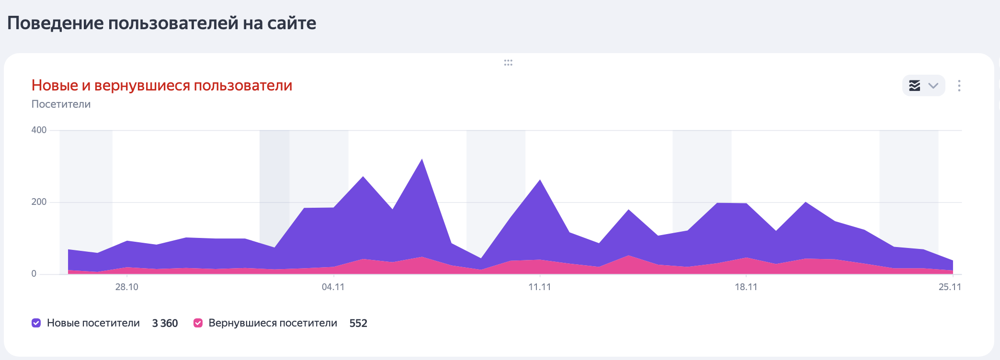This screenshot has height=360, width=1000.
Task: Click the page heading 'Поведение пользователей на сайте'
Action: [161, 23]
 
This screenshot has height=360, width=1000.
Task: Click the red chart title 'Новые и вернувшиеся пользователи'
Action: [162, 85]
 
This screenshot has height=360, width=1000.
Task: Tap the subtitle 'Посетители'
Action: [61, 104]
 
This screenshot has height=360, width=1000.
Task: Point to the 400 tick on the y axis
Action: [39, 130]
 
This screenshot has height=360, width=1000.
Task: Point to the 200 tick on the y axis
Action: [39, 202]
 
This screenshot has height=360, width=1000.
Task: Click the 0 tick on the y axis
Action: [34, 273]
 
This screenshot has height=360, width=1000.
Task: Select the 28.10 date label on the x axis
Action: [126, 287]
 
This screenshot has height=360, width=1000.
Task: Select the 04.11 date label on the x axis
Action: [333, 287]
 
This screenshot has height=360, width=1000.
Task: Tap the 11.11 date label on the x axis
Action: [539, 287]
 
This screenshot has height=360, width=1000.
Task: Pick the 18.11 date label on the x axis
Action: [746, 287]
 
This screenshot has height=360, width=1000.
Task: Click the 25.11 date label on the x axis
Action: [950, 287]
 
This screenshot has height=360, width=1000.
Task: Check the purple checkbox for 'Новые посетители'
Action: [36, 323]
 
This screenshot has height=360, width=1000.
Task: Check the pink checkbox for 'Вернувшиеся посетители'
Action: [198, 323]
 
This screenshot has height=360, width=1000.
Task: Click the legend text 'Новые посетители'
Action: [93, 323]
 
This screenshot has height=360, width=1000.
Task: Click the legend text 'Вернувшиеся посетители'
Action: [273, 323]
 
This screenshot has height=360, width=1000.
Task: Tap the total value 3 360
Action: [165, 323]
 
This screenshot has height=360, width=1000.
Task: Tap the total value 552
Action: [358, 323]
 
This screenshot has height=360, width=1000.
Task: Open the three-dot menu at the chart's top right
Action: [959, 86]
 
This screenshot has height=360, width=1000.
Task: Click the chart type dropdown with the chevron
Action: [923, 86]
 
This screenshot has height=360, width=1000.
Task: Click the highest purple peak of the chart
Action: [421, 161]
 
